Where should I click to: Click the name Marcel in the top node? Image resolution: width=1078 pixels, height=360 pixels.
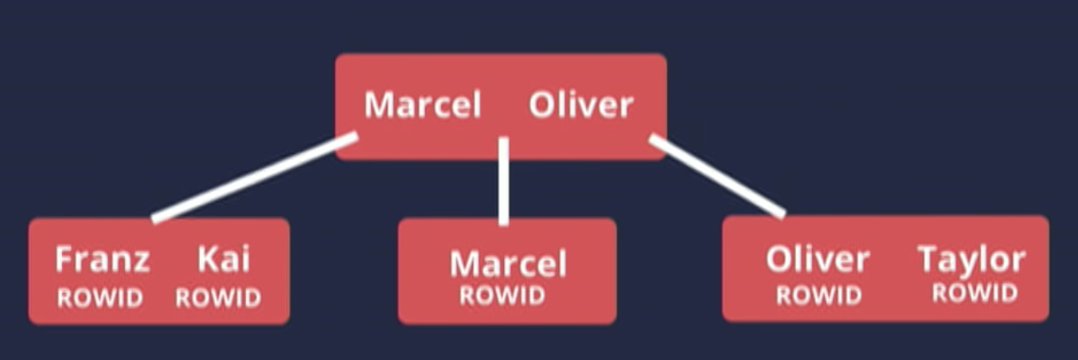pos(423,105)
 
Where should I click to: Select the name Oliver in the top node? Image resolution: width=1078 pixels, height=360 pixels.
pos(581,105)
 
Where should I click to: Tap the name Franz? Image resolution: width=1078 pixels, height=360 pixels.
pos(102,260)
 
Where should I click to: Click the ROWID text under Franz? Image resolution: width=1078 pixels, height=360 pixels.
pos(100,299)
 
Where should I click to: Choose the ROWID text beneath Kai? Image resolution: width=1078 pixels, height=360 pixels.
pos(218,299)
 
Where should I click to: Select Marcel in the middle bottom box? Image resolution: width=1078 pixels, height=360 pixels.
pos(508,264)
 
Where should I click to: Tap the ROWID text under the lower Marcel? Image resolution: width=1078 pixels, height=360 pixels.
pos(502,296)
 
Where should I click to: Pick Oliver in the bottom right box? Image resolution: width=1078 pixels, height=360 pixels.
pos(818,260)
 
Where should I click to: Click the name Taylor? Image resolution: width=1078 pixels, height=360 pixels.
pos(971,260)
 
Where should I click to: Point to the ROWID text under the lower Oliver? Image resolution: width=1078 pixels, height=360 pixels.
pos(819,296)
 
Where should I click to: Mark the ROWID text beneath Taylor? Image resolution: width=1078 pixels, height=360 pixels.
pos(974,293)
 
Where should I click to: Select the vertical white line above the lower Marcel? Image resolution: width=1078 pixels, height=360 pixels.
pos(503,182)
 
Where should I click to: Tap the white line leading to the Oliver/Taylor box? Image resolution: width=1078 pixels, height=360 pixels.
pos(717,176)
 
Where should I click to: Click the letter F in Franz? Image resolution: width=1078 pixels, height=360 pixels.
pos(64,260)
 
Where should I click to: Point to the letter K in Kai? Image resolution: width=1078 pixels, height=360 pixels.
pos(205,260)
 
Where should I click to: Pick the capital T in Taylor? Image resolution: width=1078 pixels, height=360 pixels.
pos(928,260)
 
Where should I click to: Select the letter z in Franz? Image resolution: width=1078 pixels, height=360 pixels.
pos(140,262)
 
